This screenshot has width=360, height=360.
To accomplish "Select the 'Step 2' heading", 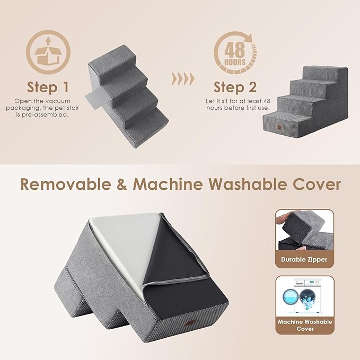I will click(x=235, y=87).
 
